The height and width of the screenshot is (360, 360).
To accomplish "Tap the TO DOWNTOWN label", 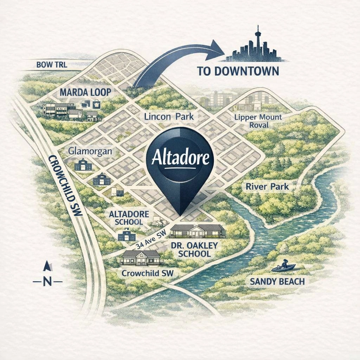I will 238,71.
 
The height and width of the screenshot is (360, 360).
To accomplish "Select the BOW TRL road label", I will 52,65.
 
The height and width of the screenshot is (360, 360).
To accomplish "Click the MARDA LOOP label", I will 85,92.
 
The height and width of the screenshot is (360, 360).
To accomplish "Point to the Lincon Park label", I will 169,116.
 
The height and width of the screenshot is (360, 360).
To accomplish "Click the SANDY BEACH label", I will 277,282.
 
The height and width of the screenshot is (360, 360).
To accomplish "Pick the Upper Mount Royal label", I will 258,121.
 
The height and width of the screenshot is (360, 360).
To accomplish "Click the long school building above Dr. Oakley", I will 197,231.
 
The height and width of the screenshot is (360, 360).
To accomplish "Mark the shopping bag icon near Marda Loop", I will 96,104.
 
